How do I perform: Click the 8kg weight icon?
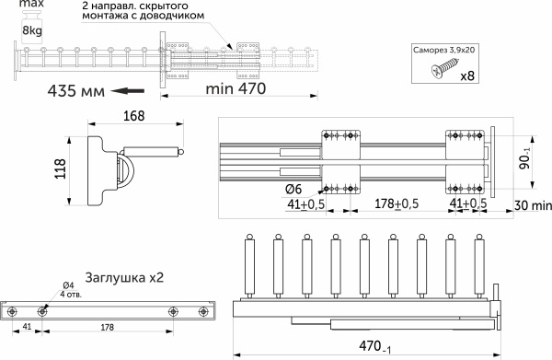[x=32, y=27]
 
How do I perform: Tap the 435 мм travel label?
[x=76, y=91]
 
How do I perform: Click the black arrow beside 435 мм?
[x=128, y=91]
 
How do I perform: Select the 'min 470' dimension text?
[x=236, y=88]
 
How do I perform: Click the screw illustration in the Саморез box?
[x=444, y=68]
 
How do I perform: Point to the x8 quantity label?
[x=467, y=75]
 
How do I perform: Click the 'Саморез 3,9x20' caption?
[x=444, y=50]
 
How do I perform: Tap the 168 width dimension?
[x=134, y=116]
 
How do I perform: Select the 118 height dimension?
[x=61, y=168]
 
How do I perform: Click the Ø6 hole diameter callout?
[x=293, y=189]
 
